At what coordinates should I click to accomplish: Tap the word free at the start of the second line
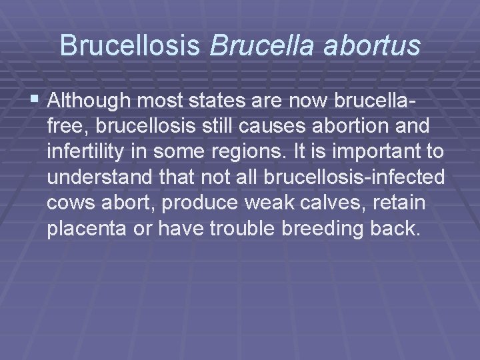pos(63,127)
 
